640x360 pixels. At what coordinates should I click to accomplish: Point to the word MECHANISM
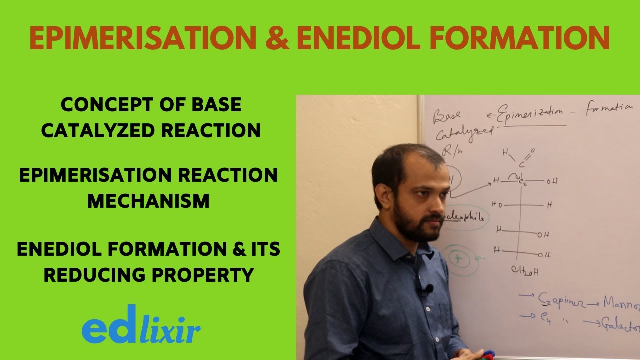point(148,201)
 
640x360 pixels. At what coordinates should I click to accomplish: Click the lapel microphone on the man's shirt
point(428,289)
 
